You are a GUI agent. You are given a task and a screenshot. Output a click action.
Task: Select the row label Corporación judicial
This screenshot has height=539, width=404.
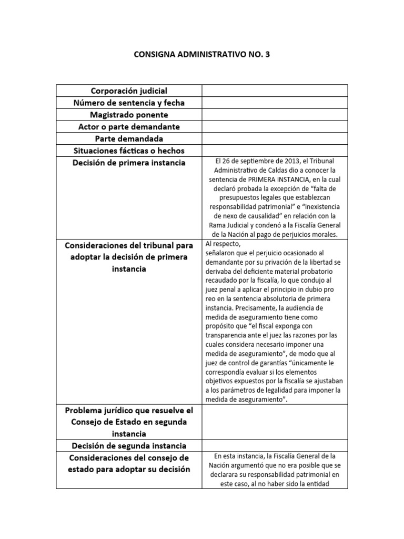pos(129,91)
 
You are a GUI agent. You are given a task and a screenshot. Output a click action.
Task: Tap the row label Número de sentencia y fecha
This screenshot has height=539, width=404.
pos(129,103)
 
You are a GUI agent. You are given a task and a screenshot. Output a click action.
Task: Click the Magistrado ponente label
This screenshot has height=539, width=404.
pos(129,115)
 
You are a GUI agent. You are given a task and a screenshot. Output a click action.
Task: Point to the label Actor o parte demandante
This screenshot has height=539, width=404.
pos(129,127)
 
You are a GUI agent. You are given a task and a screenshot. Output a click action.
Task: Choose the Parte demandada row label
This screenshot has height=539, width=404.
pos(129,139)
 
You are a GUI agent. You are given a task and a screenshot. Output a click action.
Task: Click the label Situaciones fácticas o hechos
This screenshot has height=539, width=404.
pos(129,151)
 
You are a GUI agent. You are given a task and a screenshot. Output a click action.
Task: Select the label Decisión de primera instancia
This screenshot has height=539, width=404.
pos(129,163)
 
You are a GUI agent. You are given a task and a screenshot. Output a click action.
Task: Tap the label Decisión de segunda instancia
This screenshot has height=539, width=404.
pos(129,446)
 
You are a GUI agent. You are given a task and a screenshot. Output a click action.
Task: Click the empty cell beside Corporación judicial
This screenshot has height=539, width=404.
pos(274,91)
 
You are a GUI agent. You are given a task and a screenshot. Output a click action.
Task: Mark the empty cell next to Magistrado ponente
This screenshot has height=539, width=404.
pos(274,115)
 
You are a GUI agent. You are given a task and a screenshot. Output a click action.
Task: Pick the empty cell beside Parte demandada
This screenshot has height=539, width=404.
pos(274,139)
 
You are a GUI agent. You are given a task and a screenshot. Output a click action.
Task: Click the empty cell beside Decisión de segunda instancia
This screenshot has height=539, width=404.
pos(274,446)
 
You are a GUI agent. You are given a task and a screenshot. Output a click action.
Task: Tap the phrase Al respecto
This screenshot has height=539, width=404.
pos(223,244)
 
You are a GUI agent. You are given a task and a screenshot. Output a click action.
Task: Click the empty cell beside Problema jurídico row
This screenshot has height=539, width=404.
pos(274,422)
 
